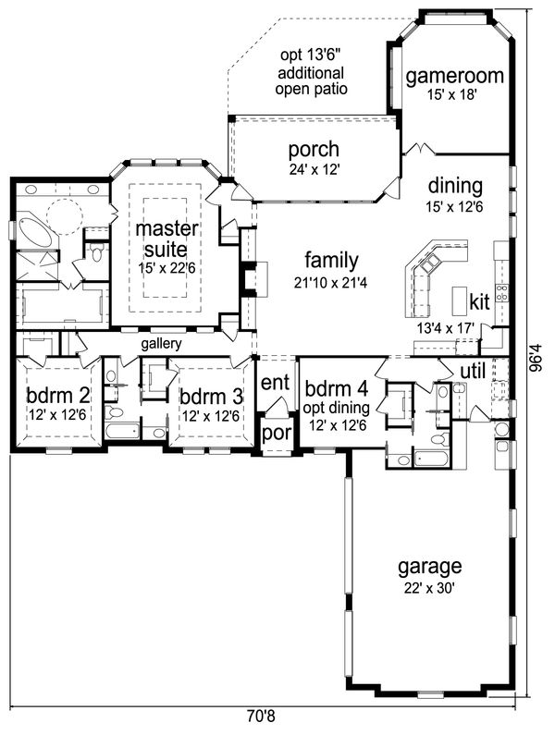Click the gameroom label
454,76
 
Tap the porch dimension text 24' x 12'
314,169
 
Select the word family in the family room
332,261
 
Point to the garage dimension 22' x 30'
430,588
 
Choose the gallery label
161,344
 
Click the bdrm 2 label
57,396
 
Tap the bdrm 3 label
211,397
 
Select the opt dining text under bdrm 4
336,409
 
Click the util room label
473,372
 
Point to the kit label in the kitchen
479,302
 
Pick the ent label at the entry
275,383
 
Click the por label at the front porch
277,433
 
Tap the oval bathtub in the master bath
34,231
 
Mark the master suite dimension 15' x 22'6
166,269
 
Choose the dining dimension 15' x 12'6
454,206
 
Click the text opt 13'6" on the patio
310,55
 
